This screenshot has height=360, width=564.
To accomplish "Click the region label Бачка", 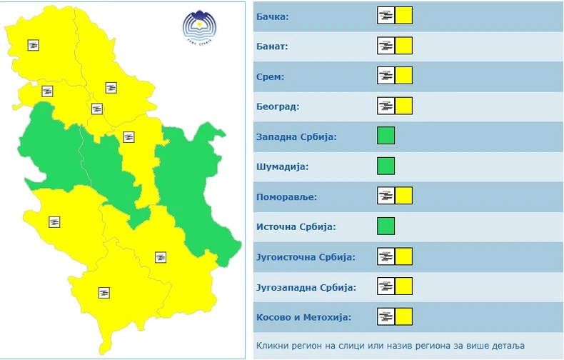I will pyautogui.click(x=272, y=16).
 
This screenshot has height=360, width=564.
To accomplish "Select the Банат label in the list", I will pyautogui.click(x=271, y=46).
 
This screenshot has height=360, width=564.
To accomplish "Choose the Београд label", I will pyautogui.click(x=277, y=106).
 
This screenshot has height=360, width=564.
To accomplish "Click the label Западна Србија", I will pyautogui.click(x=296, y=136).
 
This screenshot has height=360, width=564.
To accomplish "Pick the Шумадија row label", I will pyautogui.click(x=281, y=166).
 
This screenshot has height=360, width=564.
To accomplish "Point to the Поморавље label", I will pyautogui.click(x=286, y=196).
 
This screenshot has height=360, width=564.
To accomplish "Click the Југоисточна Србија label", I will pyautogui.click(x=306, y=257).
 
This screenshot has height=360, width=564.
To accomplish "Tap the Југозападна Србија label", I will pyautogui.click(x=306, y=287).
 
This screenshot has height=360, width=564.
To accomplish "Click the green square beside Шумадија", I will pyautogui.click(x=386, y=166).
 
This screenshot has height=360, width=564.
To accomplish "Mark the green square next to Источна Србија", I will pyautogui.click(x=386, y=226).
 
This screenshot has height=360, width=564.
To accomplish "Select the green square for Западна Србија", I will pyautogui.click(x=386, y=136).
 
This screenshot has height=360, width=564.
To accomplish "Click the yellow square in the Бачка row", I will pyautogui.click(x=404, y=16).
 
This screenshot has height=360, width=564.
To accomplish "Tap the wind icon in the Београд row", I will pyautogui.click(x=386, y=106).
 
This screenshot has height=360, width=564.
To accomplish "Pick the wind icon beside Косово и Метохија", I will pyautogui.click(x=386, y=317).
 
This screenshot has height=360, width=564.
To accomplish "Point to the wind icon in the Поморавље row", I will pyautogui.click(x=386, y=196).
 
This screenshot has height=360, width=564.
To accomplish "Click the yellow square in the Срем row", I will pyautogui.click(x=404, y=76).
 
